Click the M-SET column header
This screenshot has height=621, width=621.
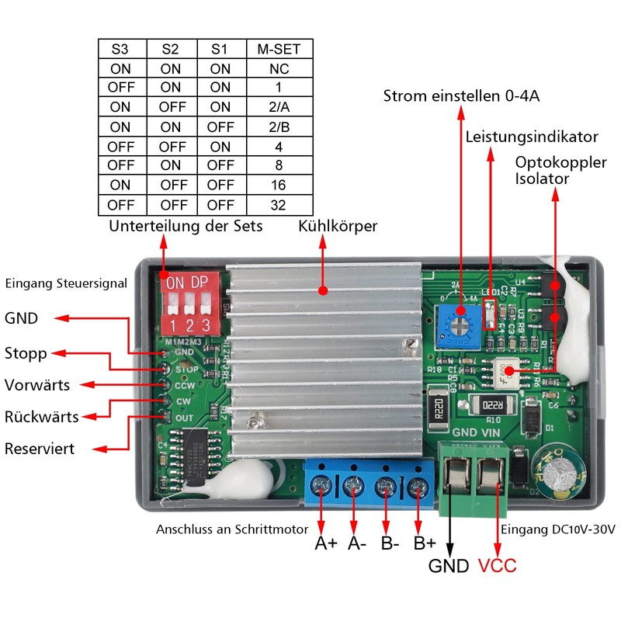point(279,49)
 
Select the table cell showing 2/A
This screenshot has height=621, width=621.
point(279,107)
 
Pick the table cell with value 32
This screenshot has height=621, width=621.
point(279,205)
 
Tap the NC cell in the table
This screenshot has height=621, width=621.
point(279,68)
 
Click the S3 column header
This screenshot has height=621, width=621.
point(120,49)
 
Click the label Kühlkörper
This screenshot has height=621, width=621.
point(338,227)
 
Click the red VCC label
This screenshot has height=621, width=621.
point(497,566)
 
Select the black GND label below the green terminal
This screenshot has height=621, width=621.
point(449,566)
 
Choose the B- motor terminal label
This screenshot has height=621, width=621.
point(390,543)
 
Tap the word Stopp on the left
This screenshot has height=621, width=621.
point(26,354)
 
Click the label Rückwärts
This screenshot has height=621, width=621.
point(41,417)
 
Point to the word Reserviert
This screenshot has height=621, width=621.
point(40,449)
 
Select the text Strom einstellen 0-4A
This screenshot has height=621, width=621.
point(461,96)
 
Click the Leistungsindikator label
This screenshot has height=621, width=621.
point(532,137)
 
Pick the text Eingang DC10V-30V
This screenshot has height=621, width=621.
point(558,529)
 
